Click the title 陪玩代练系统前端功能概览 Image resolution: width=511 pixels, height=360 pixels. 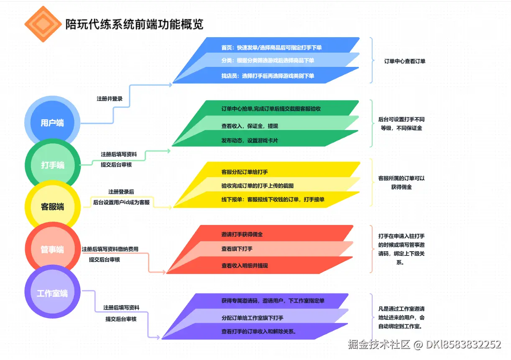coord(134,24)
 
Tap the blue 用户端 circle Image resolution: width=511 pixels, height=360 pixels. coord(52,123)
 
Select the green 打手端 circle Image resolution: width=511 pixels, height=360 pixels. coord(52,165)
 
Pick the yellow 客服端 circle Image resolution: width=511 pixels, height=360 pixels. coord(52,207)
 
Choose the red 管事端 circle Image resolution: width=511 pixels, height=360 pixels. coord(52,250)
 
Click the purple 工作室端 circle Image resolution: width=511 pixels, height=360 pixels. coord(52,293)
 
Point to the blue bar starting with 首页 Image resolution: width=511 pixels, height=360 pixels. coord(272,47)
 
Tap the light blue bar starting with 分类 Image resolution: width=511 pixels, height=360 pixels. coord(268,61)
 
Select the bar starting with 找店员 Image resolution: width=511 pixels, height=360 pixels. coord(268,76)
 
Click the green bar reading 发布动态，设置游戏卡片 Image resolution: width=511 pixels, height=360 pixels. coord(251,140)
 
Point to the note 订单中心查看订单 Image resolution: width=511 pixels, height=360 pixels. coord(405,61)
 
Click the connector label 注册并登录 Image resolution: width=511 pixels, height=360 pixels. coord(110,99)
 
